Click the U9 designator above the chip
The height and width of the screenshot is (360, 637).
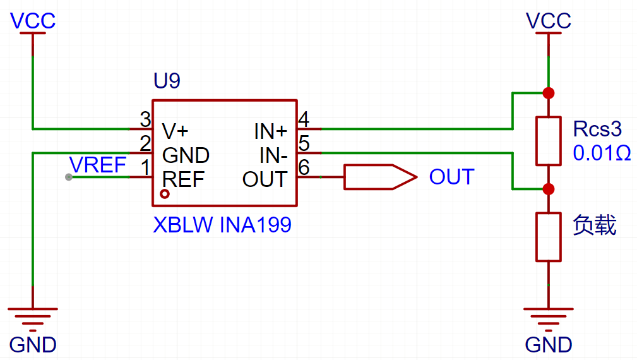click(167, 80)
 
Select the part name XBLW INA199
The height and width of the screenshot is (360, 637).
click(222, 225)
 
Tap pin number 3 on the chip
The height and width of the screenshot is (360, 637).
click(145, 119)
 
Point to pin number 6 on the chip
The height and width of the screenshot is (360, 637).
click(304, 167)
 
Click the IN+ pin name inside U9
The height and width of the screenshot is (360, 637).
click(271, 131)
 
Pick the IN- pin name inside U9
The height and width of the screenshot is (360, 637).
click(273, 155)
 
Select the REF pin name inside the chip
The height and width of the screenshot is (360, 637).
click(183, 179)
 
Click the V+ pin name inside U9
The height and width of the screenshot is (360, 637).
click(175, 131)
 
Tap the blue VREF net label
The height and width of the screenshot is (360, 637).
click(97, 165)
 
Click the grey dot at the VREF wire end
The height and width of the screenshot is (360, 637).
click(69, 177)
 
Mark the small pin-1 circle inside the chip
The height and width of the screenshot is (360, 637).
click(165, 195)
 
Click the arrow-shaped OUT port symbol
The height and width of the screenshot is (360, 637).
click(380, 177)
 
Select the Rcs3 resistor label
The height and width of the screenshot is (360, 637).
click(597, 129)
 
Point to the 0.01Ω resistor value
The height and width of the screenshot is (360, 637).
click(602, 153)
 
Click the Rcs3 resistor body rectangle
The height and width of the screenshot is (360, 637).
click(549, 141)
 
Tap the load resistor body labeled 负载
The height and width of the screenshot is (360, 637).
click(549, 237)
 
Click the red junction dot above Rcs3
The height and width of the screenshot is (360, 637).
click(549, 93)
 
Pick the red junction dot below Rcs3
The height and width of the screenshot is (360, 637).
click(549, 189)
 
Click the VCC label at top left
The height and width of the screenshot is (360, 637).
click(32, 21)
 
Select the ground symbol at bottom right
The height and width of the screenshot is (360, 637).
click(549, 319)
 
